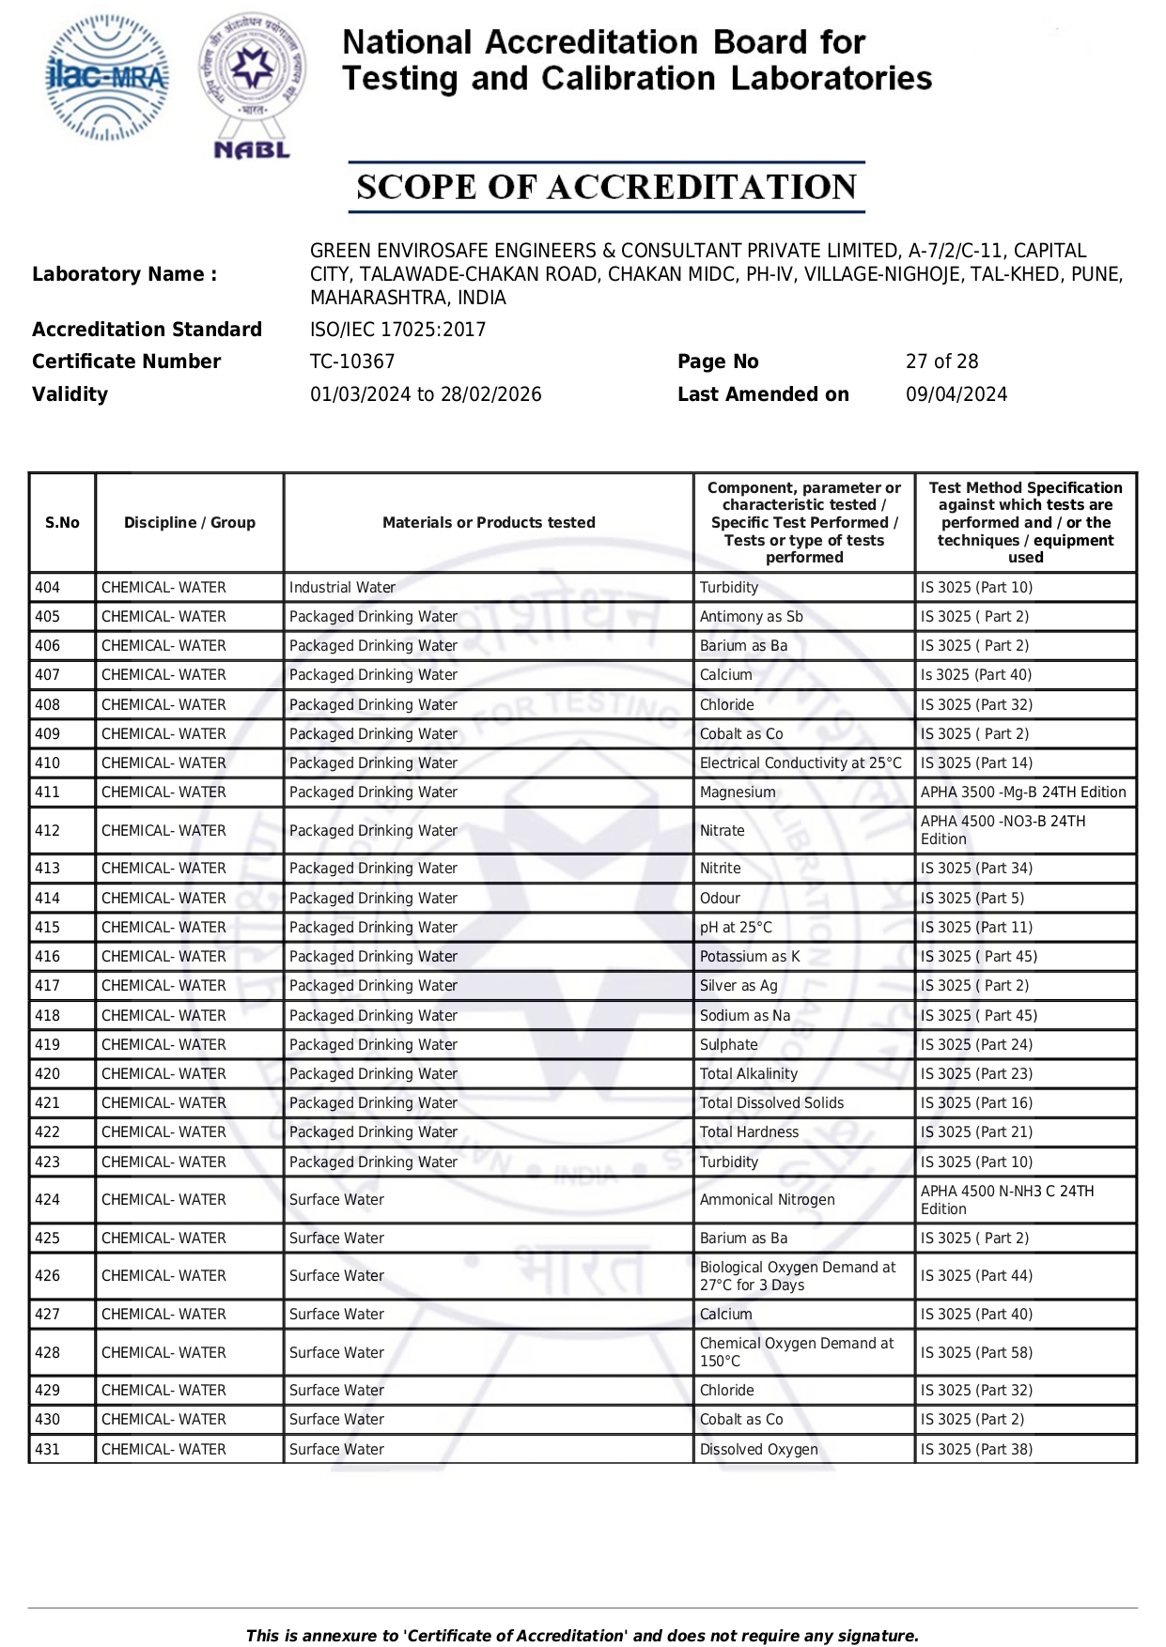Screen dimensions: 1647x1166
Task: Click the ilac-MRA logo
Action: tap(107, 78)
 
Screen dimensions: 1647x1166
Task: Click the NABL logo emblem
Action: tap(252, 85)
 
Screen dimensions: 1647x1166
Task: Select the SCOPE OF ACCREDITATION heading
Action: tap(606, 187)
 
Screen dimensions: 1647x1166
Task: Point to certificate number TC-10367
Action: tap(352, 362)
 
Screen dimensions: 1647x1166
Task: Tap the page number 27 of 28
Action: tap(941, 362)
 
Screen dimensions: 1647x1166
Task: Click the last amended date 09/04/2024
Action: tap(956, 394)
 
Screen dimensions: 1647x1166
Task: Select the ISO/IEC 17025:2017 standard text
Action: tap(397, 330)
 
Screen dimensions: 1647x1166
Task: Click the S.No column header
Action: tap(63, 523)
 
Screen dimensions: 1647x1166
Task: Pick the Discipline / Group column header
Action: tap(190, 523)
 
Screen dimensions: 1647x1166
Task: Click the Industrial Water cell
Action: tap(342, 588)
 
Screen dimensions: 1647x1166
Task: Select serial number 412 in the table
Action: tap(48, 831)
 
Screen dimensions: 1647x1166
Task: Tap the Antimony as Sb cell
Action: tap(751, 617)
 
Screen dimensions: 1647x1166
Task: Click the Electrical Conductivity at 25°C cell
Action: tap(801, 763)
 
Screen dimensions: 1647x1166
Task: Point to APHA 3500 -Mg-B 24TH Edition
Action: tap(1023, 793)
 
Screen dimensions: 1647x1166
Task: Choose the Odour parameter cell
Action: tap(720, 899)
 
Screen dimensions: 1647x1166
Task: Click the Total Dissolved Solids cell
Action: tap(771, 1103)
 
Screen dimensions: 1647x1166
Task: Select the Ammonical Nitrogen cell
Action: tap(767, 1200)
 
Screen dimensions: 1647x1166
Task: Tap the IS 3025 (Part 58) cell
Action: tap(976, 1353)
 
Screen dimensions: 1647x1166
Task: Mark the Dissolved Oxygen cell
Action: tap(758, 1450)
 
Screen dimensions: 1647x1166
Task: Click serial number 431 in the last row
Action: tap(48, 1450)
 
